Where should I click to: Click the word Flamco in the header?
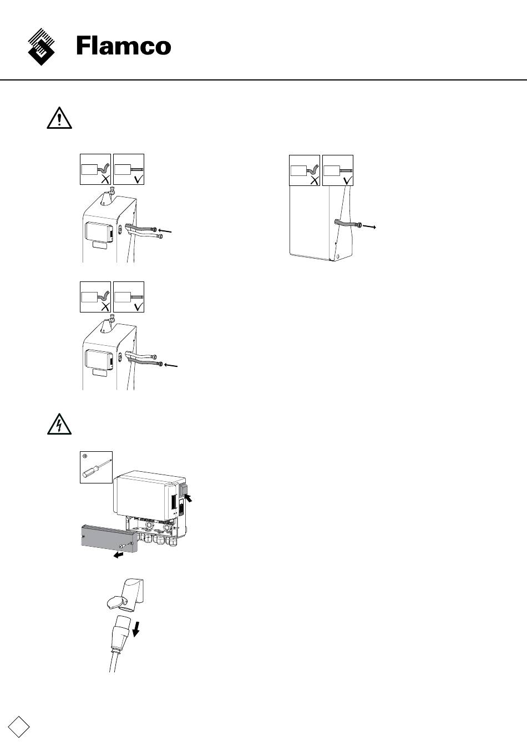point(124,46)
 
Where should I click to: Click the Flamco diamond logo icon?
point(42,47)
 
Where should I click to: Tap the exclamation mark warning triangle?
point(59,118)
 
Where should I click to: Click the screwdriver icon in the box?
point(96,467)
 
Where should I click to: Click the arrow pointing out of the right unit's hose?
point(370,226)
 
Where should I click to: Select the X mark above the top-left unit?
point(104,178)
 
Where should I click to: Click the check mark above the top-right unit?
point(348,179)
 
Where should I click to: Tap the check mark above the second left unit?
point(138,306)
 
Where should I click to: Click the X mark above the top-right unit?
point(314,179)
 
